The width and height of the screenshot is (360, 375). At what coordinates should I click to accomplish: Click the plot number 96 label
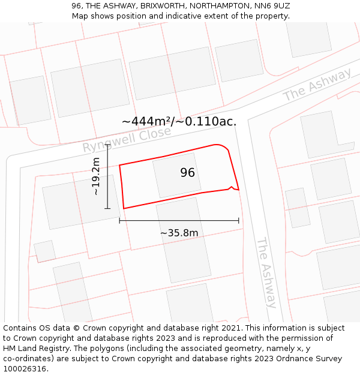(x=188, y=173)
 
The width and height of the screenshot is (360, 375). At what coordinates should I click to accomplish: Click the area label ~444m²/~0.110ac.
(x=179, y=121)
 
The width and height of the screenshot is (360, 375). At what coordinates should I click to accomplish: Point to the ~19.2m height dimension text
(x=96, y=176)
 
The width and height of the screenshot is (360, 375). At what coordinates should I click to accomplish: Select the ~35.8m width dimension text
(x=179, y=233)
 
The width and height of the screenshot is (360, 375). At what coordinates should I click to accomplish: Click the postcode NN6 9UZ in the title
(x=271, y=5)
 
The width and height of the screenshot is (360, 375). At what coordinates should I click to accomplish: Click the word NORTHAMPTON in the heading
(x=218, y=5)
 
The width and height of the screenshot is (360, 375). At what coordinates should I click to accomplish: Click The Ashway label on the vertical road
(x=266, y=272)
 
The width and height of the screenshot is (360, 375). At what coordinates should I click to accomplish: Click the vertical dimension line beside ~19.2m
(x=107, y=176)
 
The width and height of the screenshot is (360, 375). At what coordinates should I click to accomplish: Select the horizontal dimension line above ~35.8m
(x=179, y=221)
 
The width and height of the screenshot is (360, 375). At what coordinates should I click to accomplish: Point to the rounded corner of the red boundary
(x=223, y=146)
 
